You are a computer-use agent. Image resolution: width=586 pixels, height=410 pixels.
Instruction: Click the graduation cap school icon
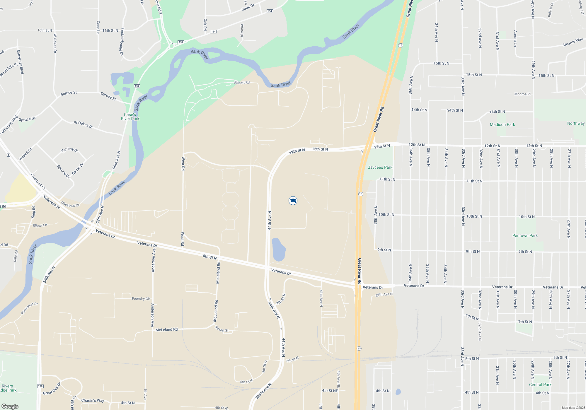pyautogui.click(x=293, y=201)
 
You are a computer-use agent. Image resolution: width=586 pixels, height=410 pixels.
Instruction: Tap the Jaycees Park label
pyautogui.click(x=380, y=167)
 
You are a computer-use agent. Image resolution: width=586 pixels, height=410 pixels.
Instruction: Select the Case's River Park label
pyautogui.click(x=130, y=117)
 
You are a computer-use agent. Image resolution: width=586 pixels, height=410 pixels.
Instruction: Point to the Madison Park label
pyautogui.click(x=502, y=124)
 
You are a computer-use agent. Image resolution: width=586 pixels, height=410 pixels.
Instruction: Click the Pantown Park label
pyautogui.click(x=525, y=235)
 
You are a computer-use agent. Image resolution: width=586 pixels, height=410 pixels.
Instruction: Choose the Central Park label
pyautogui.click(x=540, y=385)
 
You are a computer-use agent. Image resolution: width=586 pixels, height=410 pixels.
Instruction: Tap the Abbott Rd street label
pyautogui.click(x=242, y=83)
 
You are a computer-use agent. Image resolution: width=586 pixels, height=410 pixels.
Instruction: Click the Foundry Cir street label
pyautogui.click(x=141, y=299)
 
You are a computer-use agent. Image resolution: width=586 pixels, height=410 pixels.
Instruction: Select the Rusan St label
pyautogui.click(x=222, y=329)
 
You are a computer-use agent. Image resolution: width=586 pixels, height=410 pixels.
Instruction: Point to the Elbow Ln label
pyautogui.click(x=40, y=225)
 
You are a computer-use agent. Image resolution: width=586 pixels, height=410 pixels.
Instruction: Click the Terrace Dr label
pyautogui.click(x=69, y=150)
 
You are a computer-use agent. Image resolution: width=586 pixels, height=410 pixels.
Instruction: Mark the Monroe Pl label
pyautogui.click(x=522, y=94)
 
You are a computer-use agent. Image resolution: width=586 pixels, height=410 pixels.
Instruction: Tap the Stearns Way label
pyautogui.click(x=573, y=42)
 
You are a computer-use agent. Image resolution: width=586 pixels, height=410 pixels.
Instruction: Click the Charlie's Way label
pyautogui.click(x=93, y=400)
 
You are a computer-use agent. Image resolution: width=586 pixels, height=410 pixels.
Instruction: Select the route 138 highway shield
pyautogui.click(x=40, y=386)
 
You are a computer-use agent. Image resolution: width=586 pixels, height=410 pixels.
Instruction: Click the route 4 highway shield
pyautogui.click(x=8, y=155)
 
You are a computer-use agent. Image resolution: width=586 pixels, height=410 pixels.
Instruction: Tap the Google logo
pyautogui.click(x=10, y=406)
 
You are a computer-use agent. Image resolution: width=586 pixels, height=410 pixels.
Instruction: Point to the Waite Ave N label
pyautogui.click(x=263, y=391)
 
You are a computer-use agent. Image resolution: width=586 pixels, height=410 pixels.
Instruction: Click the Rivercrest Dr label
pyautogui.click(x=29, y=308)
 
